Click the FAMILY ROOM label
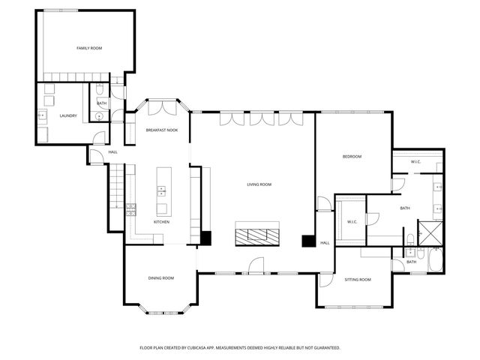89,48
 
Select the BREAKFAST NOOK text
161,130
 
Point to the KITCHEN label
161,222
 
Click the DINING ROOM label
160,278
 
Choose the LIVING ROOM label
259,184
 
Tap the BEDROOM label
352,157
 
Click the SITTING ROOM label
357,280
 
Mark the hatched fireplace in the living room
257,233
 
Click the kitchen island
160,191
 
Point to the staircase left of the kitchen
116,187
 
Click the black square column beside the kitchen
206,238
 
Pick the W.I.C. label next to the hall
351,221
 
